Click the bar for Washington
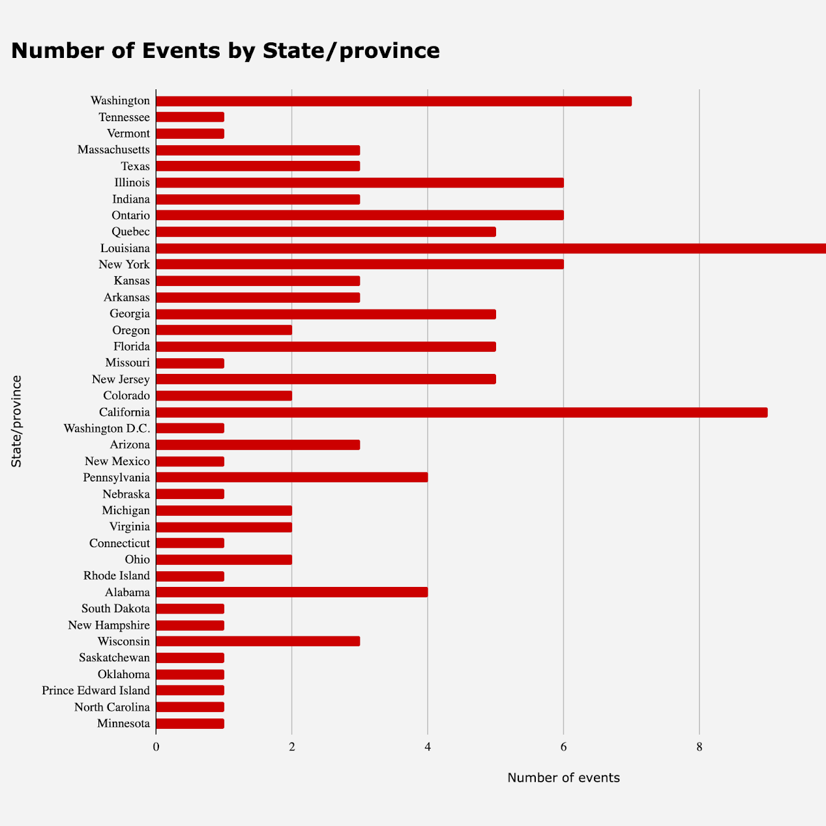[x=394, y=101]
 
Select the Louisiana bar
[x=491, y=248]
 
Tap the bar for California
[x=462, y=412]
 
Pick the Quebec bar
[x=326, y=232]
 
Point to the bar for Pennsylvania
[x=292, y=477]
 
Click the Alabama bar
[x=292, y=592]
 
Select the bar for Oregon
[x=224, y=330]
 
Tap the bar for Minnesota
[x=190, y=723]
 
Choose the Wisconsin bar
[x=258, y=642]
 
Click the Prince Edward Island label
[x=96, y=691]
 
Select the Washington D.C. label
[x=107, y=429]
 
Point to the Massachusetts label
[x=113, y=150]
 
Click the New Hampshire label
[x=109, y=625]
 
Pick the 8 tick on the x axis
[x=700, y=747]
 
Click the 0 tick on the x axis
[x=156, y=747]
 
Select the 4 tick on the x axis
[x=428, y=747]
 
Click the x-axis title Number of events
[x=563, y=778]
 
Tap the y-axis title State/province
[x=17, y=421]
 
